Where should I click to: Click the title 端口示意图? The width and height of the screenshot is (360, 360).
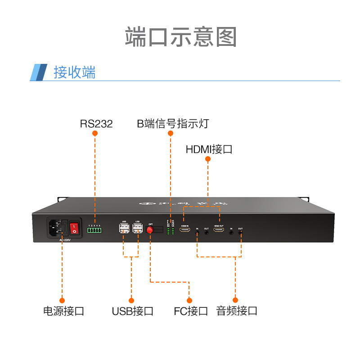[180, 37]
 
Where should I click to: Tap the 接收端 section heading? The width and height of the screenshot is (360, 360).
[74, 72]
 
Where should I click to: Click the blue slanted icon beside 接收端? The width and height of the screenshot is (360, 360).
[39, 72]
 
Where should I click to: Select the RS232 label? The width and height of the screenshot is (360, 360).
[96, 124]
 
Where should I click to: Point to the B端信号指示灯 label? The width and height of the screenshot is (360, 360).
[173, 124]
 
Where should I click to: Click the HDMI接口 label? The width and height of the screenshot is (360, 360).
[209, 149]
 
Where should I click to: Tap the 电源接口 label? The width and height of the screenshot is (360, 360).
[63, 310]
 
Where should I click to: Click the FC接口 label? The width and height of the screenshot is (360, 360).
[191, 310]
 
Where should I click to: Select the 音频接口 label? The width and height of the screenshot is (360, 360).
[237, 310]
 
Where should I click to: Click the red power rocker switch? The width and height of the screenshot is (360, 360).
[74, 228]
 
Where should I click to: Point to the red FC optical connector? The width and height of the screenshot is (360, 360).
[150, 230]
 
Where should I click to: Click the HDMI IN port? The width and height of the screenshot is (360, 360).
[184, 230]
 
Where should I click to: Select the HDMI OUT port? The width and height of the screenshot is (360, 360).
[219, 230]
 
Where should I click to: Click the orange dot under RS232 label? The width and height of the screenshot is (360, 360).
[95, 134]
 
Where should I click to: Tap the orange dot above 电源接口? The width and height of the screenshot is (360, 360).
[62, 300]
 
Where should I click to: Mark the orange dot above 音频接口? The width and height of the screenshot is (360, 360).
[235, 300]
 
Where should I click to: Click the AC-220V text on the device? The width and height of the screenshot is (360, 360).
[66, 240]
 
